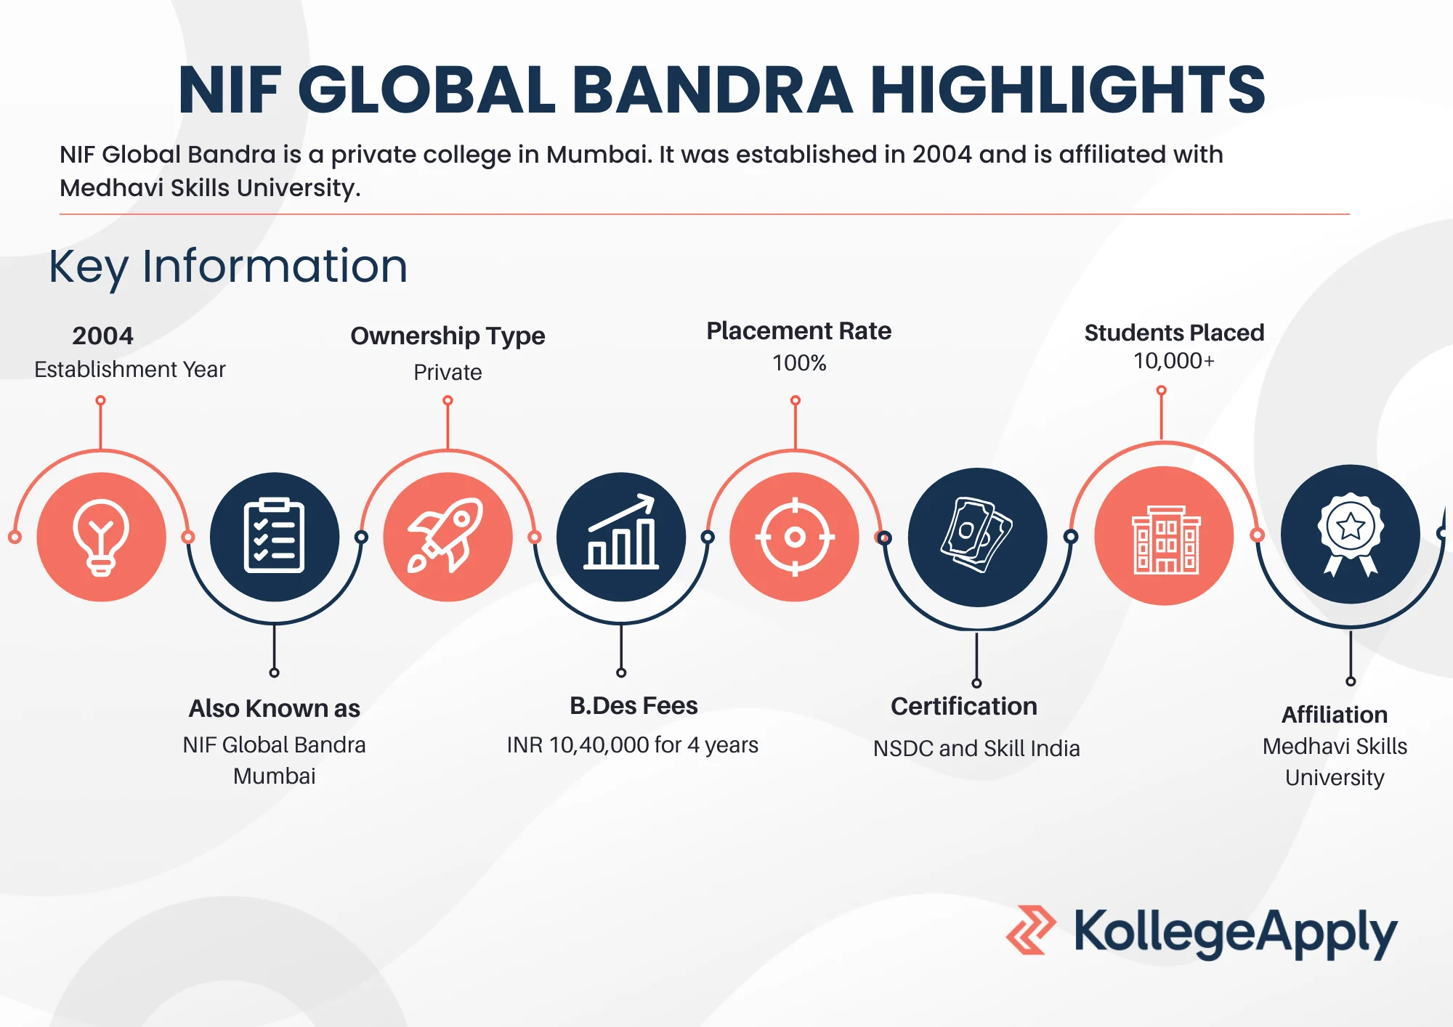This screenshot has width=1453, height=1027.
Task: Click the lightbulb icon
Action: [x=101, y=537]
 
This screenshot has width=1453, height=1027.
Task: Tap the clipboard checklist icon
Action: [x=274, y=536]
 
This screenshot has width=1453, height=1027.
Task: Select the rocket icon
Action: [x=445, y=535]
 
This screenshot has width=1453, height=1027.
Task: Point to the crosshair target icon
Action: [x=795, y=537]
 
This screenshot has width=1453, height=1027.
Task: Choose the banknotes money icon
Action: [x=976, y=535]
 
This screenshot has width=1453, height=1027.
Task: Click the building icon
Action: [x=1165, y=540]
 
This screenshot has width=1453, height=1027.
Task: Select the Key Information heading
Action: [x=228, y=267]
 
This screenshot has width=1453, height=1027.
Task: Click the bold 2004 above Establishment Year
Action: [x=102, y=336]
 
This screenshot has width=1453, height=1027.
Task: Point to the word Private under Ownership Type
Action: [x=448, y=372]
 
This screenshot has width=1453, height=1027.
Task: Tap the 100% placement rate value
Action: [x=799, y=362]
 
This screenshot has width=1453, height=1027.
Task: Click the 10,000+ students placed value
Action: [x=1174, y=361]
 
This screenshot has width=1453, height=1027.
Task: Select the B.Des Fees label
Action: [x=634, y=705]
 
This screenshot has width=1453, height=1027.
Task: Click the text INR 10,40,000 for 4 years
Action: [x=632, y=744]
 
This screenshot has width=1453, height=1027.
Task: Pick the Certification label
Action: [x=964, y=707]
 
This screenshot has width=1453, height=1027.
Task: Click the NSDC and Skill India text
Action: [x=976, y=748]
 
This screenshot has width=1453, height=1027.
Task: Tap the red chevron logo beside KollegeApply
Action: [x=1031, y=930]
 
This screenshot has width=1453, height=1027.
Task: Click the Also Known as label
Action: [x=274, y=708]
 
